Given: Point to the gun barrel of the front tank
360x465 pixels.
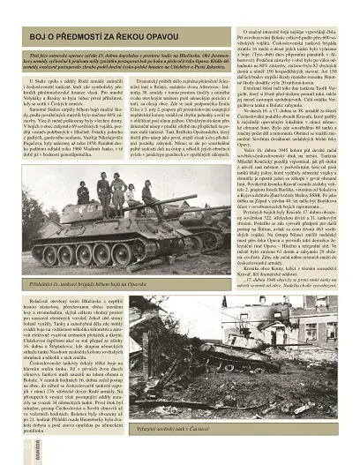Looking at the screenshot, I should click(196, 216).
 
